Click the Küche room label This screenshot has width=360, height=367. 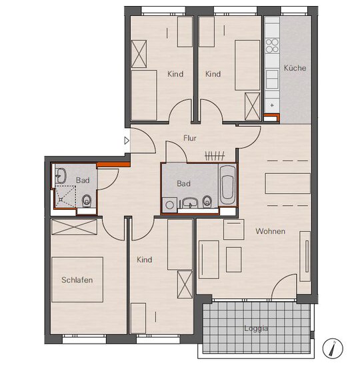coord(295,68)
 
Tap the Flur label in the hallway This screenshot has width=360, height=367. coord(190,138)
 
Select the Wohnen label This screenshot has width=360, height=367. coord(270,231)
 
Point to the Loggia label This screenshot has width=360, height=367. coord(256,328)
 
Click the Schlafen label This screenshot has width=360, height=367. coord(77,280)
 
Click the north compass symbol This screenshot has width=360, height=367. coord(333,348)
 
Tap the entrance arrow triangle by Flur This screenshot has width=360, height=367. coord(127,141)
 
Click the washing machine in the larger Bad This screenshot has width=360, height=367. coord(169,205)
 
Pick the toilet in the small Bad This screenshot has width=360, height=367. coord(87,201)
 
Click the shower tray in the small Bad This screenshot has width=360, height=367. coord(65,196)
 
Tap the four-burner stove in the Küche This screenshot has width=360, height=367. coord(272,46)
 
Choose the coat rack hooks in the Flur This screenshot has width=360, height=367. coord(215,156)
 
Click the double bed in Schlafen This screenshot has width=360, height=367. coord(77,280)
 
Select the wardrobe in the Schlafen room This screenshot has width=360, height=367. coord(74,227)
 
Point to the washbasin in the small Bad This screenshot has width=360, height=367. coord(61,176)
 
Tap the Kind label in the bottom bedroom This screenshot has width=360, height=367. coord(144,260)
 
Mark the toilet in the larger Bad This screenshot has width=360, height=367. coord(207,201)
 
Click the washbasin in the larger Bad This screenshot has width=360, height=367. coord(190,202)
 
